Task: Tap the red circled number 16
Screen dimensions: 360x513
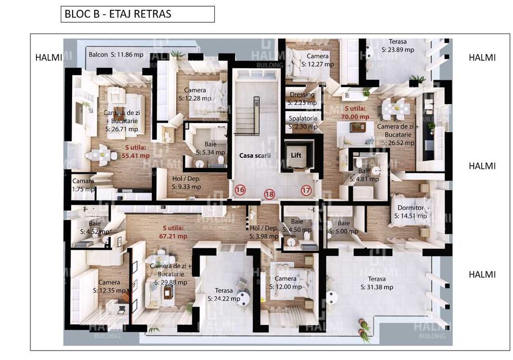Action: [x=240, y=190]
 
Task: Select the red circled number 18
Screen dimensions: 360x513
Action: [x=269, y=194]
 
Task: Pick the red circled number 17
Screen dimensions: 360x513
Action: [x=306, y=190]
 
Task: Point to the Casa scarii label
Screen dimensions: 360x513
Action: [x=255, y=155]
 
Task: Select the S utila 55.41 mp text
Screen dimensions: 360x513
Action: [x=137, y=151]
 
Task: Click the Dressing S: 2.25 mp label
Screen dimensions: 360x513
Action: [x=302, y=98]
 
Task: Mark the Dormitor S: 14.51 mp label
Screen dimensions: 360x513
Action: [x=411, y=212]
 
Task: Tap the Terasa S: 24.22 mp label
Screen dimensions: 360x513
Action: [x=224, y=294]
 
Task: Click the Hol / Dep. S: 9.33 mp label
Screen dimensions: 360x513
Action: [x=186, y=183]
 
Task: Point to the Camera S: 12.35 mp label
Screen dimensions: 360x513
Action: [x=109, y=286]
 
